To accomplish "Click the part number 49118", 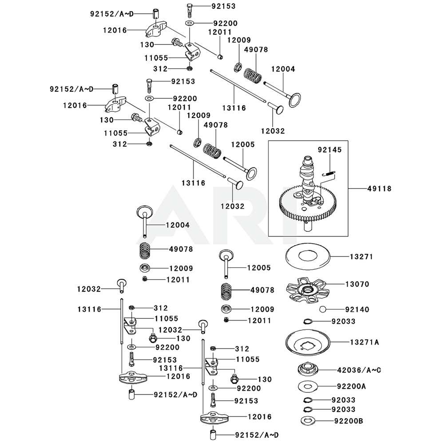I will pos(379,189).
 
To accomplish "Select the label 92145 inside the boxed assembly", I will pos(329,151).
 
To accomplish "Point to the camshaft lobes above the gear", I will pos(306,171).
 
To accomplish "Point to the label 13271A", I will pos(364,342).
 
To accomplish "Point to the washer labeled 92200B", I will pos(308,420).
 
